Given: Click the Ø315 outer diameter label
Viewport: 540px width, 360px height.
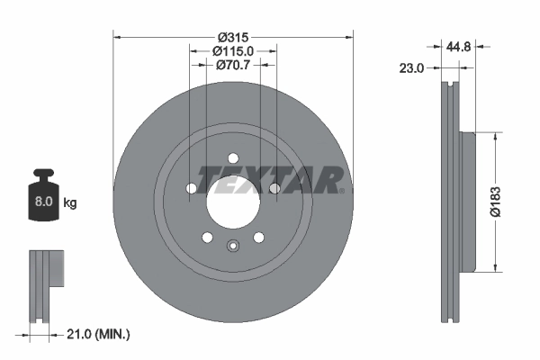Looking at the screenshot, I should click(x=233, y=36).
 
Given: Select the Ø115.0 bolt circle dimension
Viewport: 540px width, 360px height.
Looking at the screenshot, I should click(x=233, y=51).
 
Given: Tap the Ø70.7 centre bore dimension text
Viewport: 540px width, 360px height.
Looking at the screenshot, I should click(x=233, y=66).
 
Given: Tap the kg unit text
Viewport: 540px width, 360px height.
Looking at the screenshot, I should click(x=69, y=203).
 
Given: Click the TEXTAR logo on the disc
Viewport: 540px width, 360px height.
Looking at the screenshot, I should click(x=270, y=179).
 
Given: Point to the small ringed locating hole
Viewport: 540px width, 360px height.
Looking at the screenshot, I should click(x=233, y=248).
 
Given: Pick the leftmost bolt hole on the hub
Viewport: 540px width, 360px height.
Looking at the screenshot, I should click(x=192, y=187).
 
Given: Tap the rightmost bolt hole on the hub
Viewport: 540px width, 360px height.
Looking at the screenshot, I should click(x=274, y=187).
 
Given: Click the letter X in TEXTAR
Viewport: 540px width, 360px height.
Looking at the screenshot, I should click(x=249, y=180).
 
